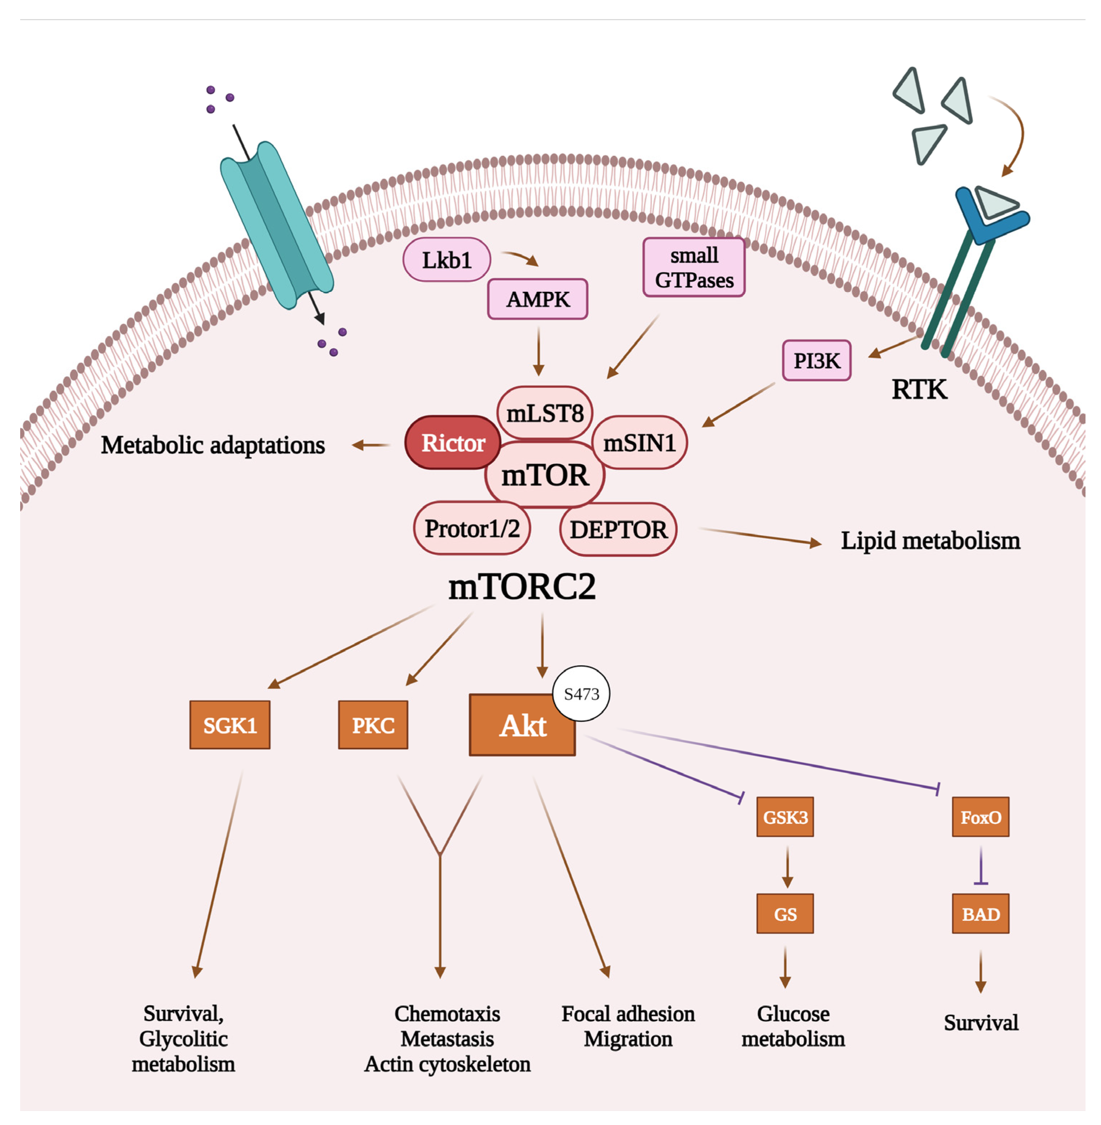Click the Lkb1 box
[447, 260]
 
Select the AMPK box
[537, 299]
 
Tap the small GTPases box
[693, 267]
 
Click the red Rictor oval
[453, 442]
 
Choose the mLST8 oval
[544, 413]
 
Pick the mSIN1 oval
[640, 442]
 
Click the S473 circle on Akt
[581, 693]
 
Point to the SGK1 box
[230, 725]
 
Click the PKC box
[373, 725]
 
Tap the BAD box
[980, 914]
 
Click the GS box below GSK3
[785, 914]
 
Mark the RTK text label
[919, 389]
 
